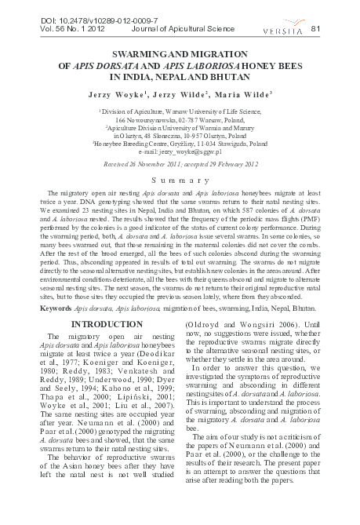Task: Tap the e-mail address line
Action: coord(180,150)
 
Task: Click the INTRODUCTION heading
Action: coord(95,302)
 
